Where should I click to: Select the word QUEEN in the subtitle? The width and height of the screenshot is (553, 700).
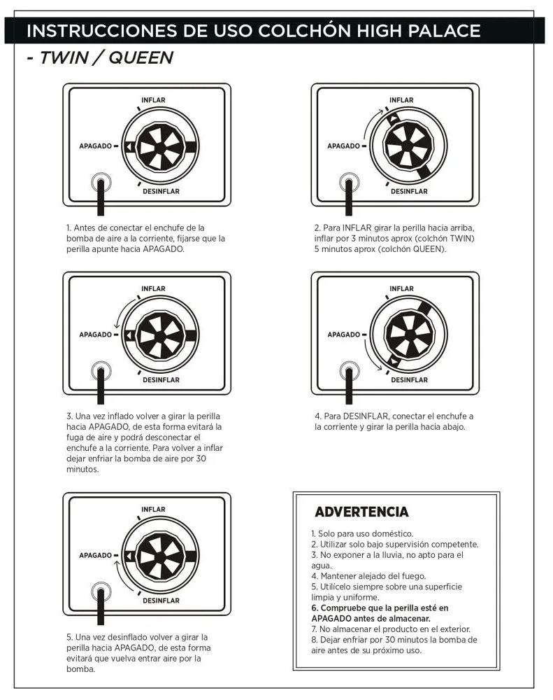click(141, 57)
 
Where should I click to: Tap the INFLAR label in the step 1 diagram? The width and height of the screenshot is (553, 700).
click(153, 100)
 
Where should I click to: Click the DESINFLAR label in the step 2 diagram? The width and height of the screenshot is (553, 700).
click(409, 192)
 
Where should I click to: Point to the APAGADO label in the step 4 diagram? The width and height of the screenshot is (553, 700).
click(343, 335)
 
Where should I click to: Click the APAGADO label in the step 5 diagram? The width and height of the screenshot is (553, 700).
click(96, 555)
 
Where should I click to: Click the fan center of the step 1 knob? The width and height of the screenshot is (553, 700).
click(160, 147)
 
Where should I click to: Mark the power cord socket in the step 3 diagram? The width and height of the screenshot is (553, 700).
click(101, 371)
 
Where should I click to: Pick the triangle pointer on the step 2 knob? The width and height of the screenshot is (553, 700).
click(393, 118)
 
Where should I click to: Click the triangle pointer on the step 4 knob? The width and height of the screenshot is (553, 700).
click(393, 361)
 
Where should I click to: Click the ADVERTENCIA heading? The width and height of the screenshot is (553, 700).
click(361, 512)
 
